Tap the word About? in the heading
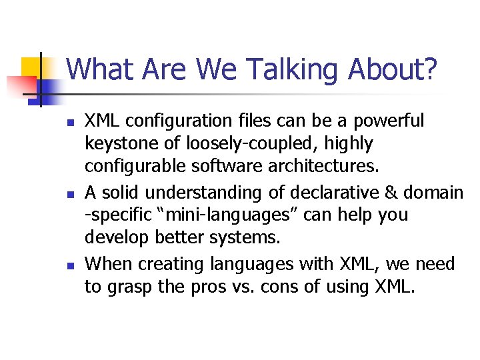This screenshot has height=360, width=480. [x=399, y=69]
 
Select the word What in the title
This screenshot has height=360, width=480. [x=97, y=69]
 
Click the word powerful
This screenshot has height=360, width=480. [x=389, y=121]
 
